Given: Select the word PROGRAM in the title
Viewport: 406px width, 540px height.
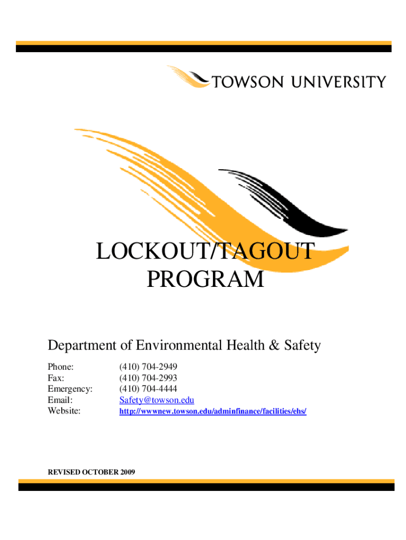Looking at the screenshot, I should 205,279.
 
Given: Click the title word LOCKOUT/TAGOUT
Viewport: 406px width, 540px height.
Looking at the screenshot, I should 205,252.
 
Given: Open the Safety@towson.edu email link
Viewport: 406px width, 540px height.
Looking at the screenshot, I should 157,400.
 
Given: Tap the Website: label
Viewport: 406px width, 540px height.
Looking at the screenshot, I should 64,411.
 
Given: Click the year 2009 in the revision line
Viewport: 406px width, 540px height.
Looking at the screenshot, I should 127,471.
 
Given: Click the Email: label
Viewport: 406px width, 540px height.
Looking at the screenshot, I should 60,400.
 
